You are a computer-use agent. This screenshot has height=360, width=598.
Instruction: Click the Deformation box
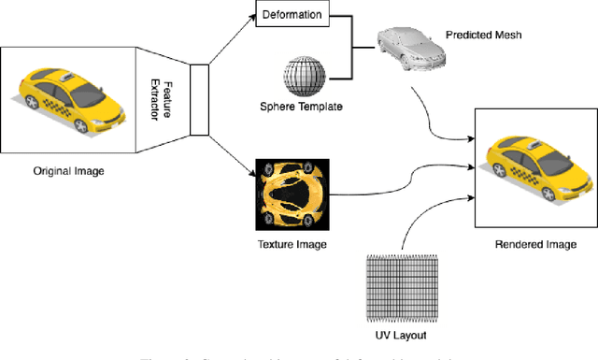click(292, 16)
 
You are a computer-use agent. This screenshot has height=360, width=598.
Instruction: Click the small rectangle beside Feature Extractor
click(197, 99)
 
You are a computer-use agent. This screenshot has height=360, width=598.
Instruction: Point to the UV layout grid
click(398, 289)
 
